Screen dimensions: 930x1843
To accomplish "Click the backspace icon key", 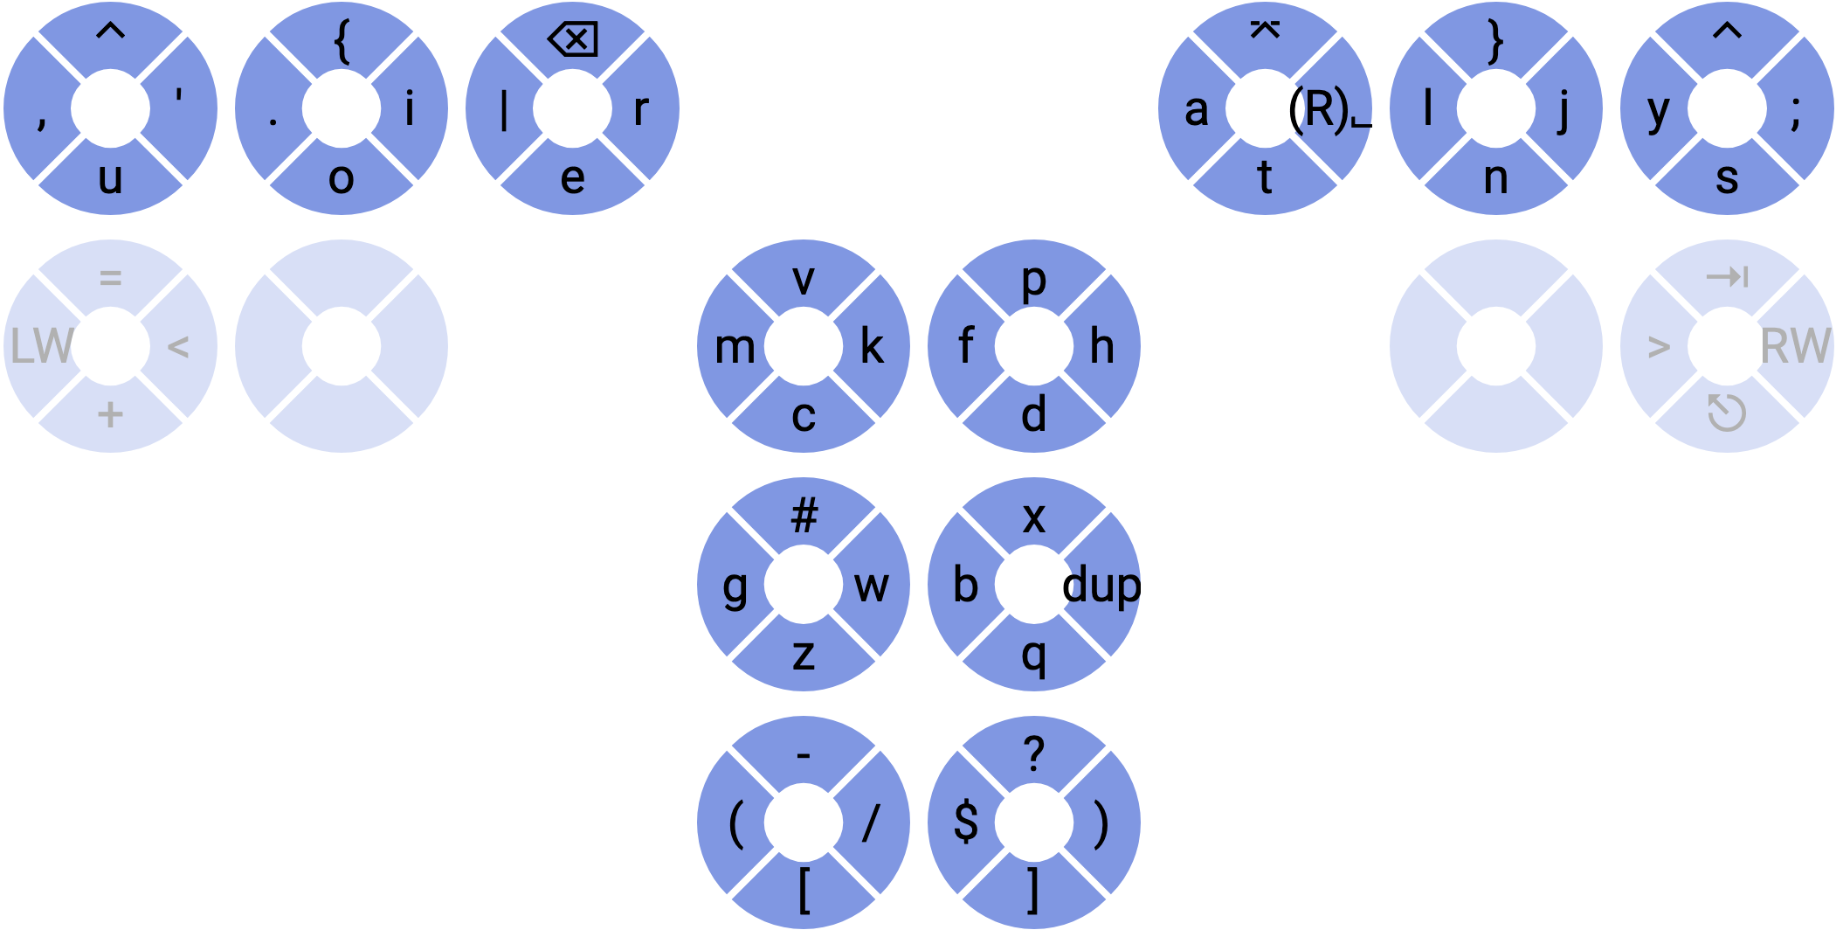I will [573, 39].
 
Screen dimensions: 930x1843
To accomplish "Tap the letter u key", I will [110, 178].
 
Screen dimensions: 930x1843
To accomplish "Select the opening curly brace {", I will [342, 42].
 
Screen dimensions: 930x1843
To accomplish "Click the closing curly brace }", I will [1496, 42].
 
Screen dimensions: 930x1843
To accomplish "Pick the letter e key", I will [573, 178].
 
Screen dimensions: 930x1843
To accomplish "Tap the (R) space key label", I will [1328, 110].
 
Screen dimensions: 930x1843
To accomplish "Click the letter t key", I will [1265, 178].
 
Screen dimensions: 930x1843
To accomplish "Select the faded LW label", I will [41, 346].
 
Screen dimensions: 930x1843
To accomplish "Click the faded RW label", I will [1795, 346].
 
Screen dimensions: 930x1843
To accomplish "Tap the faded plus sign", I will [110, 414].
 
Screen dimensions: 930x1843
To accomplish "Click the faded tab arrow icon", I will [1727, 278].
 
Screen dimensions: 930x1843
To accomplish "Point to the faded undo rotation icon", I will [1727, 413].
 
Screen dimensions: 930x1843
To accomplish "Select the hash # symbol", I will [804, 516].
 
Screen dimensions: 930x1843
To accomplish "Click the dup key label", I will [1101, 585].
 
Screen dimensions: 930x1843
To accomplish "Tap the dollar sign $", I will [966, 822].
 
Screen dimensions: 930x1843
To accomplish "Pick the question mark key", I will [1034, 753].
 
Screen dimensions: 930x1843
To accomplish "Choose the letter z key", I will [804, 654].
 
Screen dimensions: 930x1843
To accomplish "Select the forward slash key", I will [871, 822].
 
